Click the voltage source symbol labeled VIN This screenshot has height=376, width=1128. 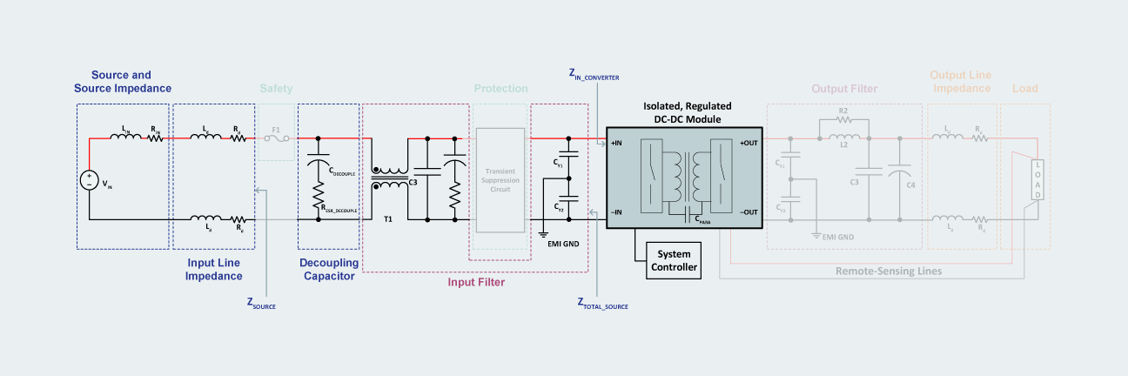(89, 180)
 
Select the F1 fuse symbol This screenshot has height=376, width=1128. (278, 138)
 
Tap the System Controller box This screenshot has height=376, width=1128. (675, 260)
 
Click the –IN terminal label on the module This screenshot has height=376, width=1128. (615, 211)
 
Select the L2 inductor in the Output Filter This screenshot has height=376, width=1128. (843, 138)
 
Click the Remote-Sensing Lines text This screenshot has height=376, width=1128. (889, 271)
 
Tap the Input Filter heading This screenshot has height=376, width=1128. (476, 281)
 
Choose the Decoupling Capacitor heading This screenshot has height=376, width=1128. (328, 269)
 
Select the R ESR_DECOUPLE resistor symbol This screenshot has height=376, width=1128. (319, 202)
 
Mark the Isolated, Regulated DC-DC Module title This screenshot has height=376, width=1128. (687, 111)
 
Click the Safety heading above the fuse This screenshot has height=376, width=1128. (277, 88)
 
